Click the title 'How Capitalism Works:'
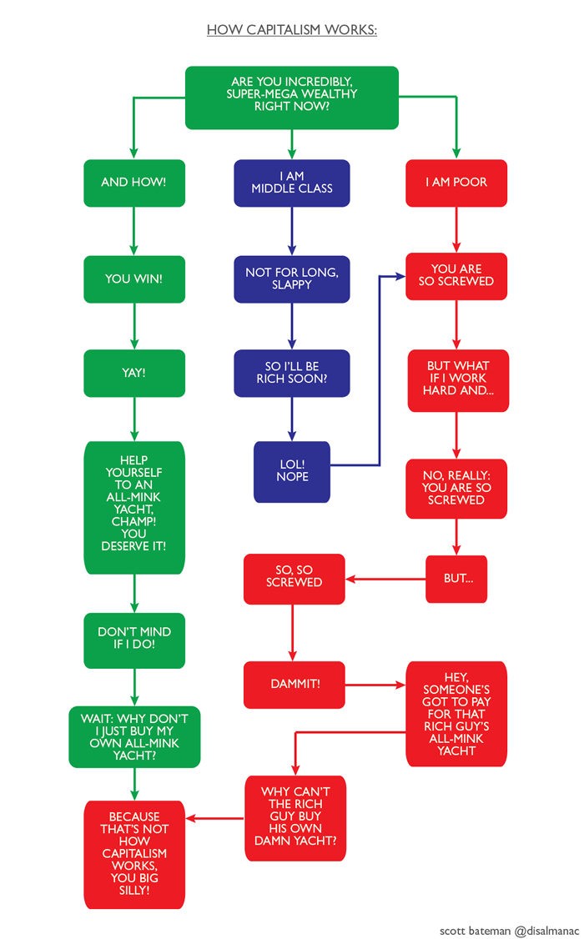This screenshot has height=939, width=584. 291,31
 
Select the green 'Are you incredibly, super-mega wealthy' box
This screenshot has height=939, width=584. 291,98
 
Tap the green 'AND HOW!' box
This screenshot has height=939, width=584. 133,183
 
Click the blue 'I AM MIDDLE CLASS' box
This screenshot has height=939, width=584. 291,183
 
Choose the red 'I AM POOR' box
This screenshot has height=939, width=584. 456,183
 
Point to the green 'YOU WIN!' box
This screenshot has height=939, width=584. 133,279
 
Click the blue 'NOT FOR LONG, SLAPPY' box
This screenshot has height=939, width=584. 291,279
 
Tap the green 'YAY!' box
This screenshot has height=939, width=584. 133,373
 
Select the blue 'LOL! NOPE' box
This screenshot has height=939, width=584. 292,471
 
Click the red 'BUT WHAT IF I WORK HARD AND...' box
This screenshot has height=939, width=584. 458,379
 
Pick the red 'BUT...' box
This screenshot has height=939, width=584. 456,578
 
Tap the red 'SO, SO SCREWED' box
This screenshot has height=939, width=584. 293,578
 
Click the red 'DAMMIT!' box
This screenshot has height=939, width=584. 295,685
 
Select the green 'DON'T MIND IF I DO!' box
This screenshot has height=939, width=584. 133,640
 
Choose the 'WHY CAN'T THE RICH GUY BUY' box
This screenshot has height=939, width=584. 295,817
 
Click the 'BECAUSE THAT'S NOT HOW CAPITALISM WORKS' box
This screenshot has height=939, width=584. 133,854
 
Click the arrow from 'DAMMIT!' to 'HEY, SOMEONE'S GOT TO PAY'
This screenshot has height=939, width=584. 375,685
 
